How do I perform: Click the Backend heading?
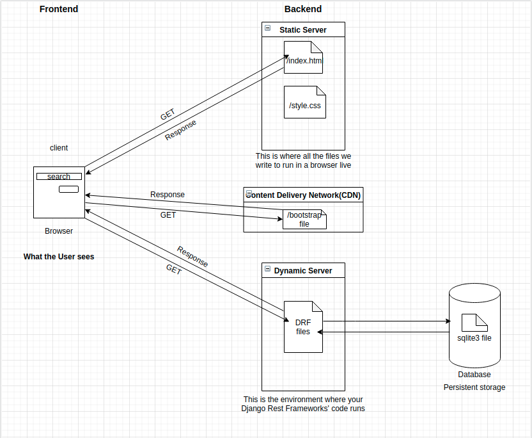pyautogui.click(x=303, y=9)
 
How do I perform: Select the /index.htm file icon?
pyautogui.click(x=304, y=58)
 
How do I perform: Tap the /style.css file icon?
pyautogui.click(x=305, y=102)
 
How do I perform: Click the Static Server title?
pyautogui.click(x=302, y=30)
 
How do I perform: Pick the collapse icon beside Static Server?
pyautogui.click(x=267, y=29)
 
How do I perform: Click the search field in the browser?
pyautogui.click(x=59, y=177)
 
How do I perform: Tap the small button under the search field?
pyautogui.click(x=68, y=189)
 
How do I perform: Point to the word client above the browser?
pyautogui.click(x=59, y=148)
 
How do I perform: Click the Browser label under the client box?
pyautogui.click(x=59, y=231)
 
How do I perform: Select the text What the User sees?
pyautogui.click(x=59, y=257)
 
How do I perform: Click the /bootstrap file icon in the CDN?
pyautogui.click(x=304, y=220)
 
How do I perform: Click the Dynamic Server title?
pyautogui.click(x=303, y=271)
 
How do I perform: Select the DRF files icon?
pyautogui.click(x=303, y=327)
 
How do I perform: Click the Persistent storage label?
pyautogui.click(x=474, y=387)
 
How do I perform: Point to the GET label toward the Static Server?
pyautogui.click(x=168, y=115)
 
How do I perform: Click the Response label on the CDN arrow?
pyautogui.click(x=168, y=195)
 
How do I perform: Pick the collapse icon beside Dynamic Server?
pyautogui.click(x=267, y=270)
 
